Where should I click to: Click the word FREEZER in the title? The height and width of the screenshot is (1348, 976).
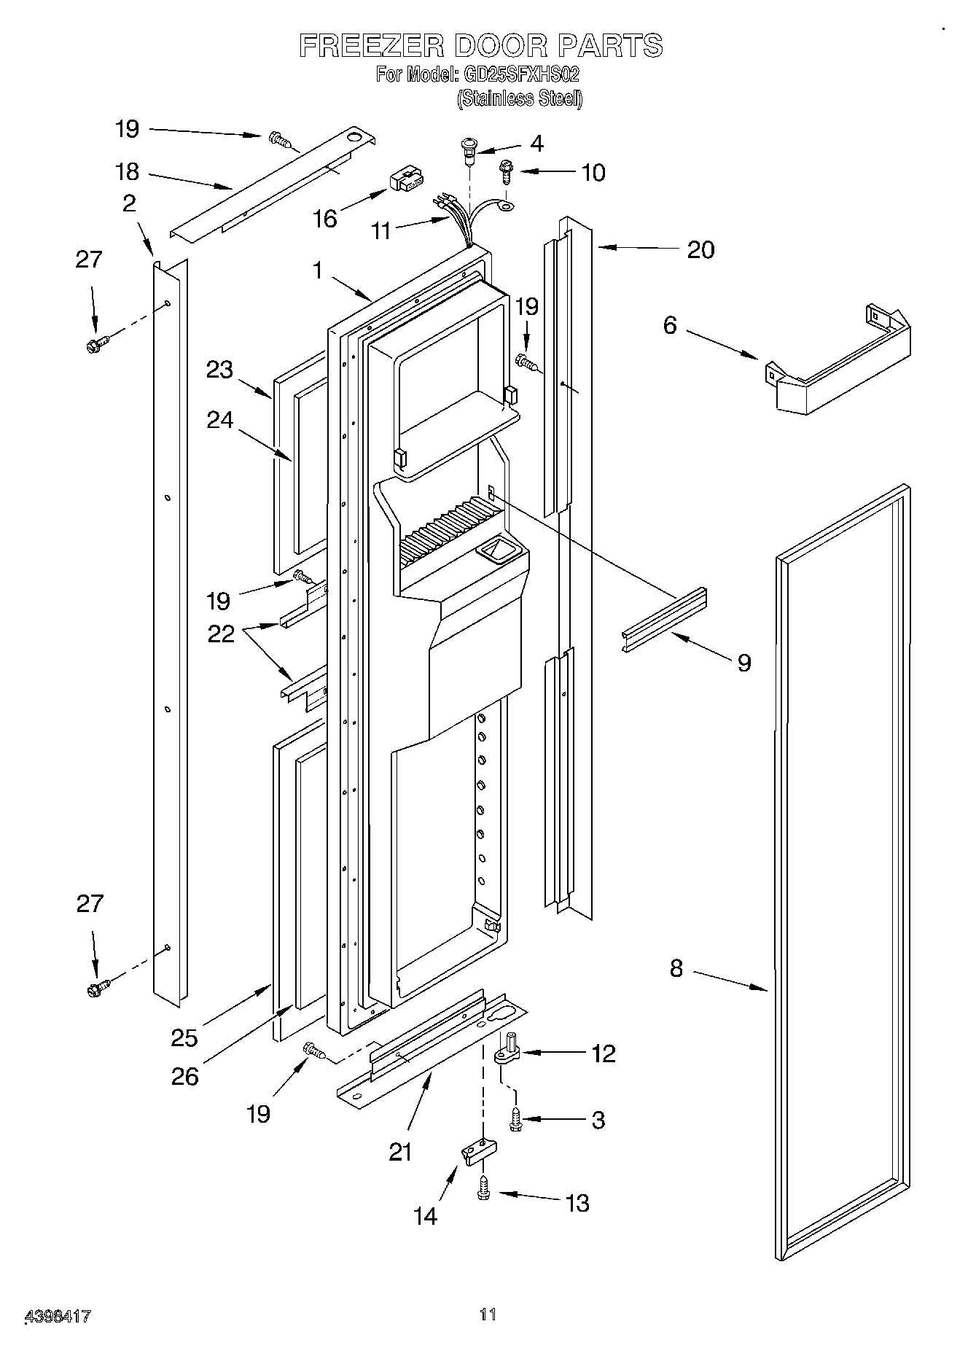[372, 46]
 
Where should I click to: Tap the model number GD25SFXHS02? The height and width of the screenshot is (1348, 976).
[520, 74]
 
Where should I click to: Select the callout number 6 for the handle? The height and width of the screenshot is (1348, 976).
[670, 325]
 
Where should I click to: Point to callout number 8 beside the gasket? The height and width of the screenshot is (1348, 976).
[676, 969]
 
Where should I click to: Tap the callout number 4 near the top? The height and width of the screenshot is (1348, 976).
[536, 144]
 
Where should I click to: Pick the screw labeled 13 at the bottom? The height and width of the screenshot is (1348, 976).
[482, 1189]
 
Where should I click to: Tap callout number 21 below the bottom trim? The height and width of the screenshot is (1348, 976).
[400, 1152]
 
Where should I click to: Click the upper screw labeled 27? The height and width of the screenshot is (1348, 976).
[96, 344]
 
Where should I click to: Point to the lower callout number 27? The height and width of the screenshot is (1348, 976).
[90, 904]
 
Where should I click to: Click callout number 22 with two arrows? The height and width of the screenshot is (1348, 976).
[221, 634]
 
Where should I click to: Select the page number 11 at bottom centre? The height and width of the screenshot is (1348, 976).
[488, 1314]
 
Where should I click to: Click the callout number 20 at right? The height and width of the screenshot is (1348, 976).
[700, 250]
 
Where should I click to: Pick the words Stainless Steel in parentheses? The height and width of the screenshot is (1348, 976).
[520, 98]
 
